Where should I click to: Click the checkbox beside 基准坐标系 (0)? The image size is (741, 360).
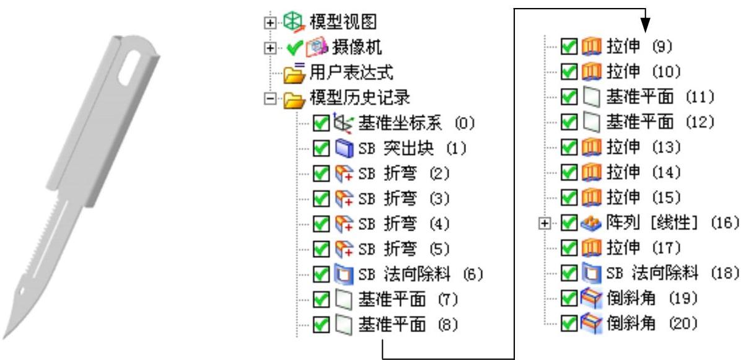pos(320,123)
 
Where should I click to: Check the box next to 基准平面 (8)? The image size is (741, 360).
pos(320,324)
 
